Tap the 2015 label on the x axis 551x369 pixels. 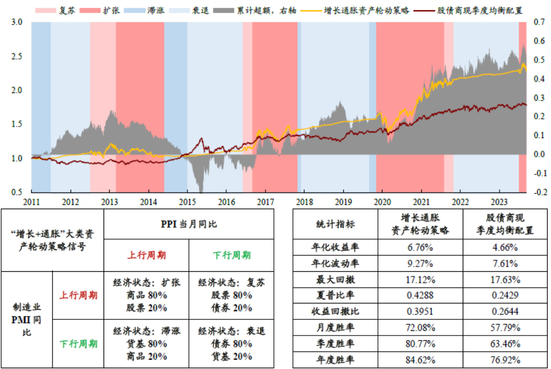[x=188, y=201]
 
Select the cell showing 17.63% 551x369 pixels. [x=506, y=280]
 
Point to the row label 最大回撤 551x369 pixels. [x=335, y=280]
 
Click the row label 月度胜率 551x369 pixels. [x=335, y=328]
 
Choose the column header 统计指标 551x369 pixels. [x=335, y=224]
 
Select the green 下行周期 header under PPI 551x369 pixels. [x=231, y=255]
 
